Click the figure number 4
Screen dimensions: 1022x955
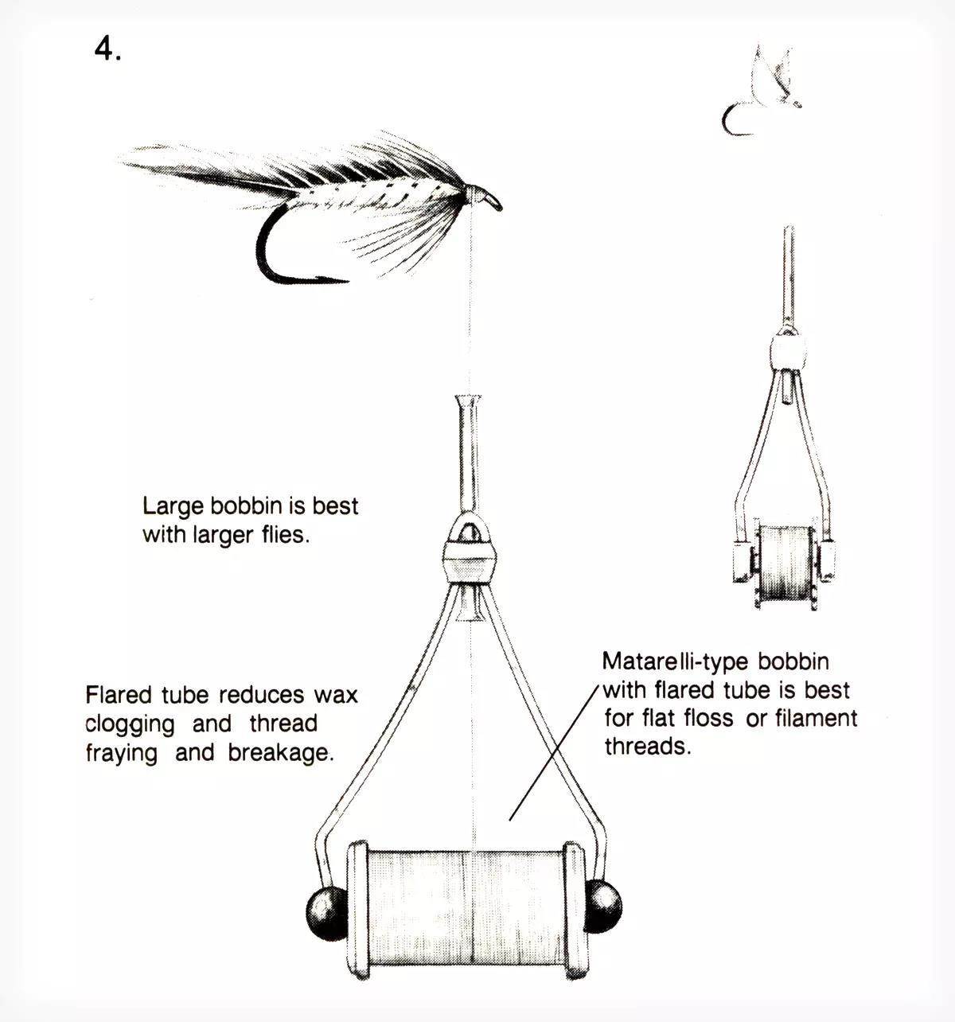tap(107, 49)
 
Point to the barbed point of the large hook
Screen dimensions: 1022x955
tap(334, 279)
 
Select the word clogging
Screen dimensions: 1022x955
tap(130, 724)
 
